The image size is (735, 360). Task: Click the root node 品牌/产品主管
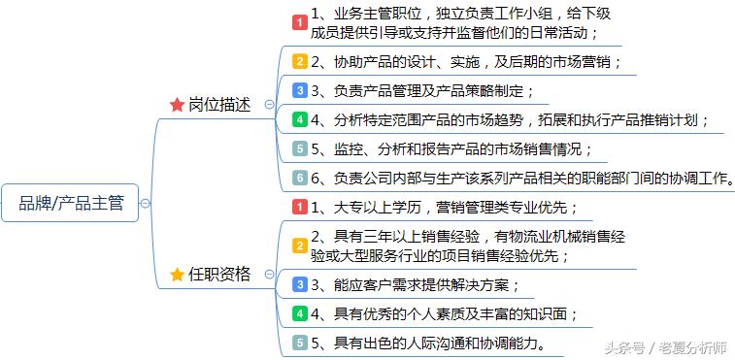(72, 203)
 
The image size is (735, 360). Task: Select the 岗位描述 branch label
(219, 104)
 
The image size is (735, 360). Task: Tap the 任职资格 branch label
(219, 275)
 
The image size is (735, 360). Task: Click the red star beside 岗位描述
(177, 105)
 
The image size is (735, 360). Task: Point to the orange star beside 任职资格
(177, 275)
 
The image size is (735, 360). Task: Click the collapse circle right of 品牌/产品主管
(145, 204)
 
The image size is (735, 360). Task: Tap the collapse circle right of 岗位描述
(269, 105)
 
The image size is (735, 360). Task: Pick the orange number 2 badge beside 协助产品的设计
(300, 61)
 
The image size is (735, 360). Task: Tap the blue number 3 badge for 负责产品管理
(300, 91)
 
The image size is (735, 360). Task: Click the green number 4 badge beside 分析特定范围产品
(300, 120)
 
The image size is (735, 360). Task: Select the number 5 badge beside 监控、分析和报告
(300, 149)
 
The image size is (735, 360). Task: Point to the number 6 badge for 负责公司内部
(300, 179)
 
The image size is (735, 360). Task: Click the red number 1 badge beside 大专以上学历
(300, 207)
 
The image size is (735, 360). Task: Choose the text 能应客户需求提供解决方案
(423, 284)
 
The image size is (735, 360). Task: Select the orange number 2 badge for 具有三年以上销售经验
(300, 245)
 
